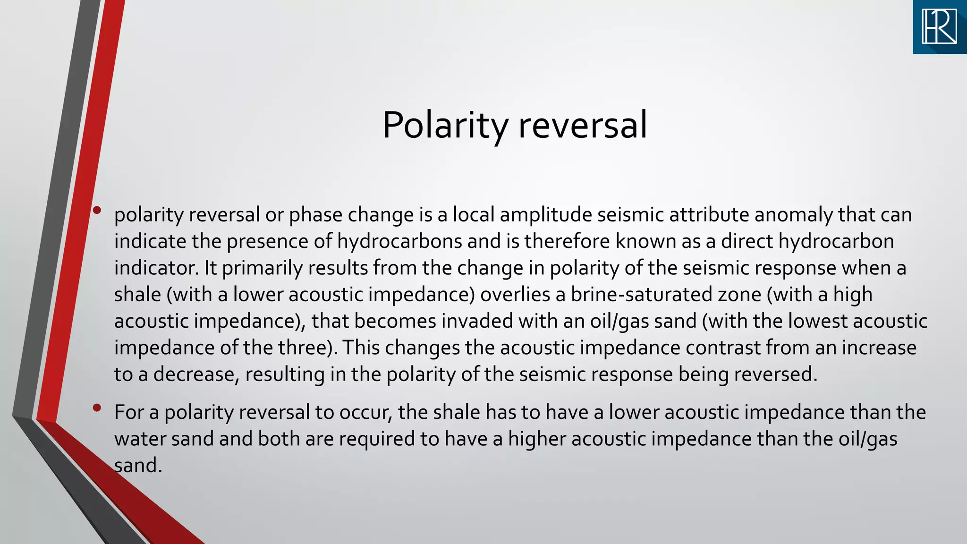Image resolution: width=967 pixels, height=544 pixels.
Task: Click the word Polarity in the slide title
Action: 445,125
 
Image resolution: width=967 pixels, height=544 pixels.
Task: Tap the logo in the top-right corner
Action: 940,27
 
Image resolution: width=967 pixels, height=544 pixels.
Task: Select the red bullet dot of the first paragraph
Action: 97,211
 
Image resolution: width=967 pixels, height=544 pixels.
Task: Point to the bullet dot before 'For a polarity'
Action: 97,408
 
